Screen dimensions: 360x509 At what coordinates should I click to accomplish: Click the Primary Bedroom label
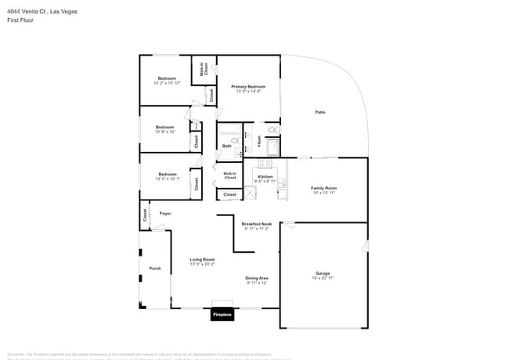248,86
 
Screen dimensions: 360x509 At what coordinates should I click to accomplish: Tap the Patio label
320,113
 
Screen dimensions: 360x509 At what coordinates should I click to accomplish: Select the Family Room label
323,188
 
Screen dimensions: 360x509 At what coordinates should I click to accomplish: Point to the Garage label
323,273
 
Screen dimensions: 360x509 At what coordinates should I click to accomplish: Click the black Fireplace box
222,315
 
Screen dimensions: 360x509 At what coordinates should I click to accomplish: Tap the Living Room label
202,259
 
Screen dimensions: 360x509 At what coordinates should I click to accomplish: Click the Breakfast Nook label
256,224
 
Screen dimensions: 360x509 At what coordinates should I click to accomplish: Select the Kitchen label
265,177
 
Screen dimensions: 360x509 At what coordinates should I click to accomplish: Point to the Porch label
155,268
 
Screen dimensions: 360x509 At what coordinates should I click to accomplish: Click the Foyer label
165,213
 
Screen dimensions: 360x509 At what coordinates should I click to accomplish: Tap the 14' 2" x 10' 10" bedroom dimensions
167,83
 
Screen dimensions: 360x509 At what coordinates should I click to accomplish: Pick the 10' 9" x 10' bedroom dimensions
164,131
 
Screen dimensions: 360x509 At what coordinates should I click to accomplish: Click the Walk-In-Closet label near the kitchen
229,176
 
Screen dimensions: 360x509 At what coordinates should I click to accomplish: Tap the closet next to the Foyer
145,214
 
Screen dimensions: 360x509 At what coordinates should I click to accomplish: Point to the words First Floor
20,20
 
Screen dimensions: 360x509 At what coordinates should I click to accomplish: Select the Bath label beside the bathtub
226,146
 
